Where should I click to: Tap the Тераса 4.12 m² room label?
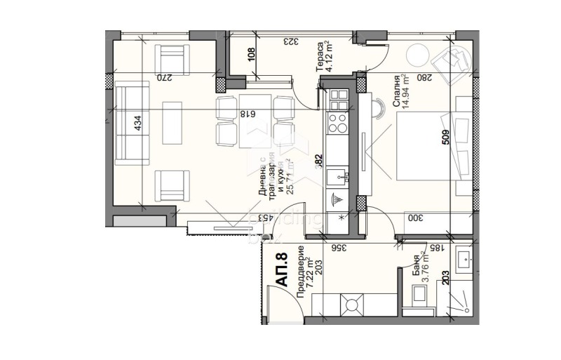pyautogui.click(x=323, y=57)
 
